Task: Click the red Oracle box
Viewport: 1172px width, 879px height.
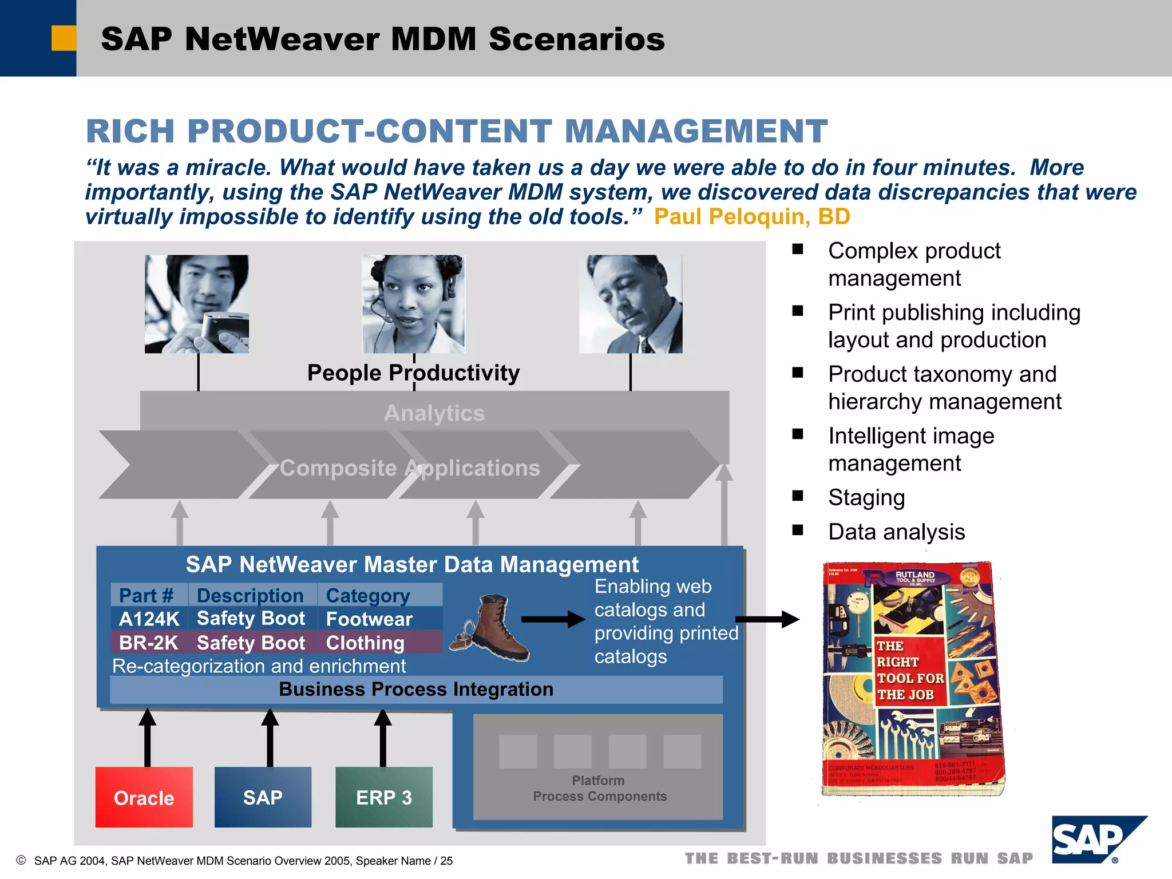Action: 144,797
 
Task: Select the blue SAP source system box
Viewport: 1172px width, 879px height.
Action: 263,797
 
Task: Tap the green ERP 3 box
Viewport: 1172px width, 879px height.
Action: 383,797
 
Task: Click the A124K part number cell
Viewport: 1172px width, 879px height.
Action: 149,619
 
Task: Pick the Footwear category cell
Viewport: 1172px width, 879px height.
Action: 369,619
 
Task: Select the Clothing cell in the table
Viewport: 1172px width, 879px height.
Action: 365,643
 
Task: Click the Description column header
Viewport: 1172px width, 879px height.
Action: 250,595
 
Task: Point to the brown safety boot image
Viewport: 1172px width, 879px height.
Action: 491,629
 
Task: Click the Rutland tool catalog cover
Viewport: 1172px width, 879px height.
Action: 912,678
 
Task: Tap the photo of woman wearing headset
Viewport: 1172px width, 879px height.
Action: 413,304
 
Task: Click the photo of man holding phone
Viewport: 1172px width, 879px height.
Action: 196,304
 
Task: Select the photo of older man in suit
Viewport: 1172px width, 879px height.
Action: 631,304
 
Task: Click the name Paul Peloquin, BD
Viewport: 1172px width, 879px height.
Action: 751,217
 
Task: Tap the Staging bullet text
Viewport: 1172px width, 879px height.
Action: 866,497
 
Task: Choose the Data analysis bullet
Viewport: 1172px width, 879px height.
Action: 896,532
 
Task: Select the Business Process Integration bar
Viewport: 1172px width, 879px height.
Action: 416,690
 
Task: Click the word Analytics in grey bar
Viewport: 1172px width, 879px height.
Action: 434,413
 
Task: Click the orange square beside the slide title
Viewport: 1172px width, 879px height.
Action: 64,38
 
